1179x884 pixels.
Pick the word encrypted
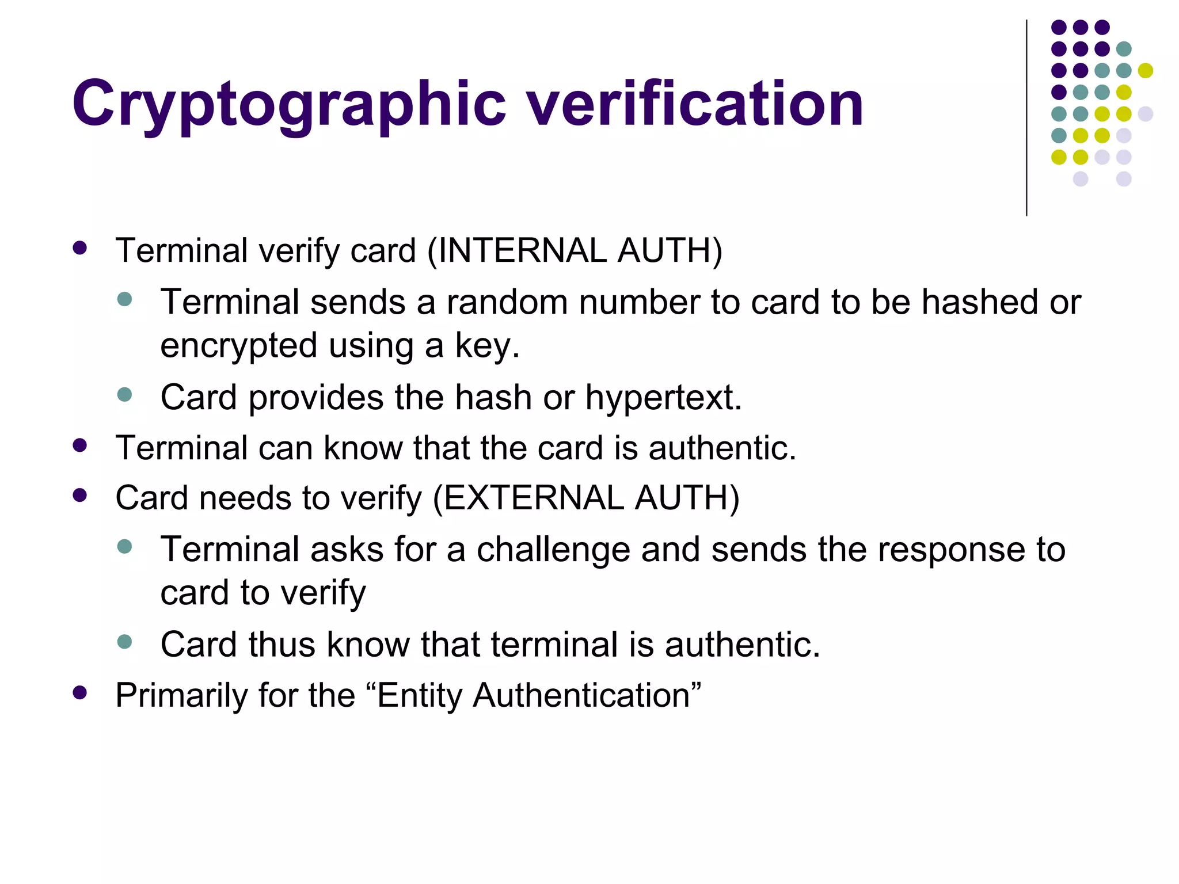[238, 346]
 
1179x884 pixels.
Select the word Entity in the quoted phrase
[420, 696]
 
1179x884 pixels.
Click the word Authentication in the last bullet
[581, 695]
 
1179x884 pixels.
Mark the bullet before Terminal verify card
[80, 249]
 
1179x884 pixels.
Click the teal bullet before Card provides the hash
[124, 395]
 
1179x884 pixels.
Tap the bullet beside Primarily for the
[80, 693]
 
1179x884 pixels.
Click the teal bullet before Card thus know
[124, 642]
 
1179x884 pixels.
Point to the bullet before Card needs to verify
[80, 496]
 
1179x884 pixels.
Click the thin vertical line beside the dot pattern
[1026, 118]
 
